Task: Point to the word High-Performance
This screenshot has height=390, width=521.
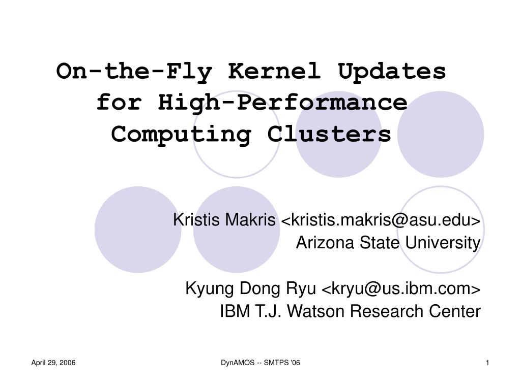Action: (x=282, y=103)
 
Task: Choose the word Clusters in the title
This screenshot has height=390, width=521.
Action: (x=329, y=134)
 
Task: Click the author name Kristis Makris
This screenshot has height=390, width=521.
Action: (x=224, y=219)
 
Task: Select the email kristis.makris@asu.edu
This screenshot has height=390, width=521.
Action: (x=381, y=220)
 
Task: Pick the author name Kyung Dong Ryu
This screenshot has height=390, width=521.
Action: (x=250, y=288)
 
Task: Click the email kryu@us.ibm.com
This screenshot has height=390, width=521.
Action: (x=401, y=288)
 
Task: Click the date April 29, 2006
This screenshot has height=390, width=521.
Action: (x=53, y=363)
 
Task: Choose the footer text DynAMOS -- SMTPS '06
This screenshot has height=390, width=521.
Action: (x=260, y=363)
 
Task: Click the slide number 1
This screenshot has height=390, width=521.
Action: (x=487, y=363)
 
